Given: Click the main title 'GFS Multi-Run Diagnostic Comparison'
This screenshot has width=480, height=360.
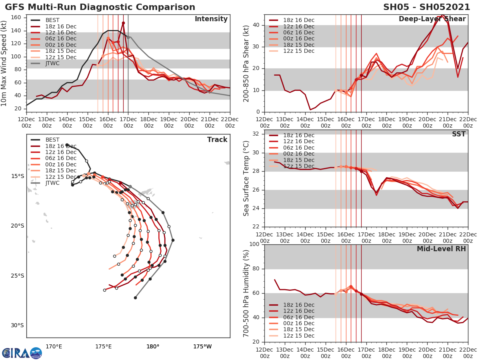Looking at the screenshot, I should [100, 7].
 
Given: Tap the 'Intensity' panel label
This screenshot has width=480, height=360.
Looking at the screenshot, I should [211, 19].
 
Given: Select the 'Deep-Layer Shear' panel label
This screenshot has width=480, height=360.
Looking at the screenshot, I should [432, 19].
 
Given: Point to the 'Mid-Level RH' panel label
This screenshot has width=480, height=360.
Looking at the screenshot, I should [441, 249].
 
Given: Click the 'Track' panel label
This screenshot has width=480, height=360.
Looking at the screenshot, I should [217, 140].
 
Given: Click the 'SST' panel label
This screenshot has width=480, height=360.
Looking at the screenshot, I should [458, 134].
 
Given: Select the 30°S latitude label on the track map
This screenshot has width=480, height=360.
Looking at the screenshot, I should [18, 325].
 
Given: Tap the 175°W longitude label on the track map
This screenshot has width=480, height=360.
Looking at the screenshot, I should [202, 346].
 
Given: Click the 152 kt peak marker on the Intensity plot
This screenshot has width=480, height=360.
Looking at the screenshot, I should [123, 23].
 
